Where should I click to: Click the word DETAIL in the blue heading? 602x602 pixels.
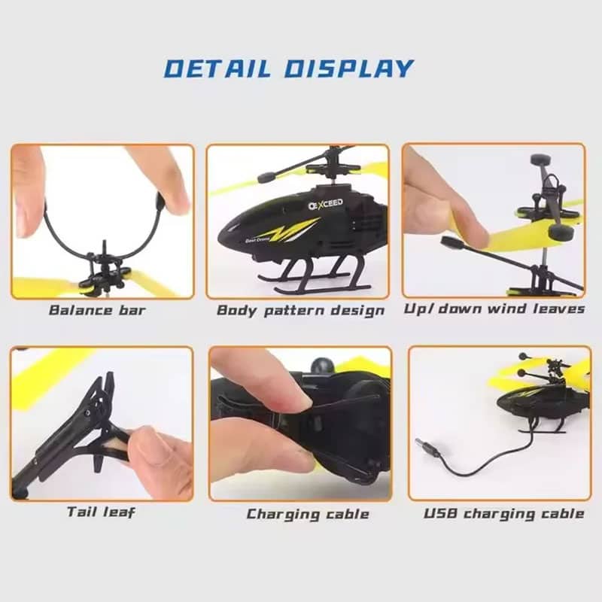[217, 69]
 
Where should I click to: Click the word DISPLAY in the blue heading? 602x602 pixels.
[348, 69]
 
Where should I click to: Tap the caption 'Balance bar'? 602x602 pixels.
[98, 310]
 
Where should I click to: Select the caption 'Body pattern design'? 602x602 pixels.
[300, 310]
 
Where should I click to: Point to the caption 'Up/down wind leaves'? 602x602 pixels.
[494, 309]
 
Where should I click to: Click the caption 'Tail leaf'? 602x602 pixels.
[101, 512]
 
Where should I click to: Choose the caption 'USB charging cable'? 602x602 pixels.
[503, 514]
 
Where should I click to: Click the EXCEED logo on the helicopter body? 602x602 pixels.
[326, 204]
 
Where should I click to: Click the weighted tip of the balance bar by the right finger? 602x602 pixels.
[160, 200]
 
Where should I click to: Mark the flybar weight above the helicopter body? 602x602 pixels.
[266, 178]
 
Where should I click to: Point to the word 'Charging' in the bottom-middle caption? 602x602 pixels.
[283, 515]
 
